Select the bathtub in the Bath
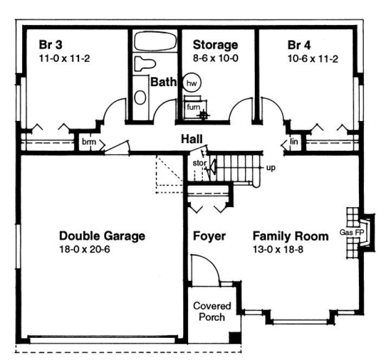153,41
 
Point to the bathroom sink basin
140,97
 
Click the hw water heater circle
190,83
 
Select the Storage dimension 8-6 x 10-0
215,59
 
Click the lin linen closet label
294,142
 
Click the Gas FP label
350,233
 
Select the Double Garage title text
102,236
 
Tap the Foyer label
209,236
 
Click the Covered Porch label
212,312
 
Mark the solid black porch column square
234,337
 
